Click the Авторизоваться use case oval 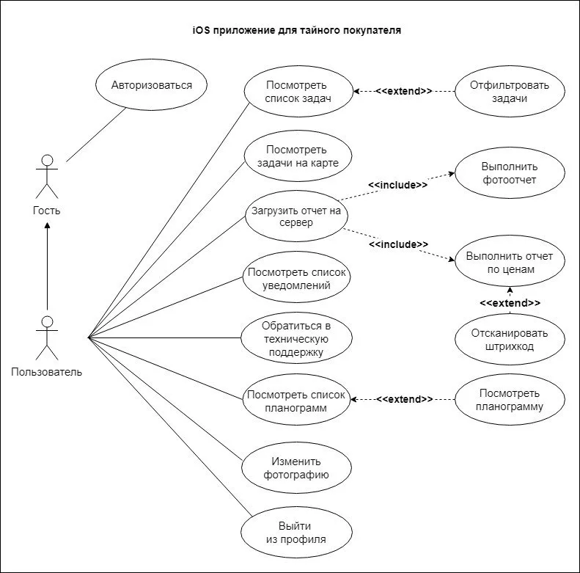[151, 85]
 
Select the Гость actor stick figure [47, 177]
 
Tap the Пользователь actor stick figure [47, 338]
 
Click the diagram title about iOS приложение [297, 30]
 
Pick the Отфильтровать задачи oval [510, 92]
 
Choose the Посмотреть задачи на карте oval [298, 156]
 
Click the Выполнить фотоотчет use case [510, 173]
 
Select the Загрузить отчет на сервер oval [296, 216]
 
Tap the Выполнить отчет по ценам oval [510, 262]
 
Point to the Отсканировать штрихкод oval [510, 340]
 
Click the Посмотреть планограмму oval [510, 399]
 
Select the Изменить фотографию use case [296, 468]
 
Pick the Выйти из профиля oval [296, 533]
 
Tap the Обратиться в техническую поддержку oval [296, 338]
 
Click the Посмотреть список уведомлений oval [296, 278]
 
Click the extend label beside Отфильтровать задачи [404, 91]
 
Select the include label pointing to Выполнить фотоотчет [398, 185]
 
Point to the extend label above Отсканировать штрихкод [510, 303]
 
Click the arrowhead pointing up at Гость [47, 225]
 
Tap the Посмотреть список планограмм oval [296, 401]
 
